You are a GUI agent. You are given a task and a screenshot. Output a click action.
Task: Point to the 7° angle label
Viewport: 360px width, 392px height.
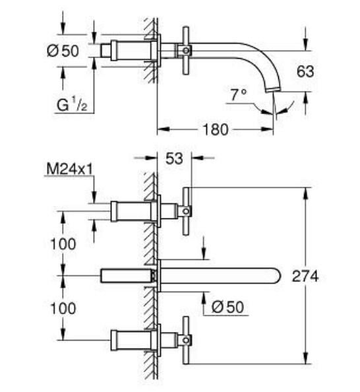[238, 96]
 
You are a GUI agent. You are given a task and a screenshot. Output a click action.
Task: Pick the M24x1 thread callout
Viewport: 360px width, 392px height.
[69, 170]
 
